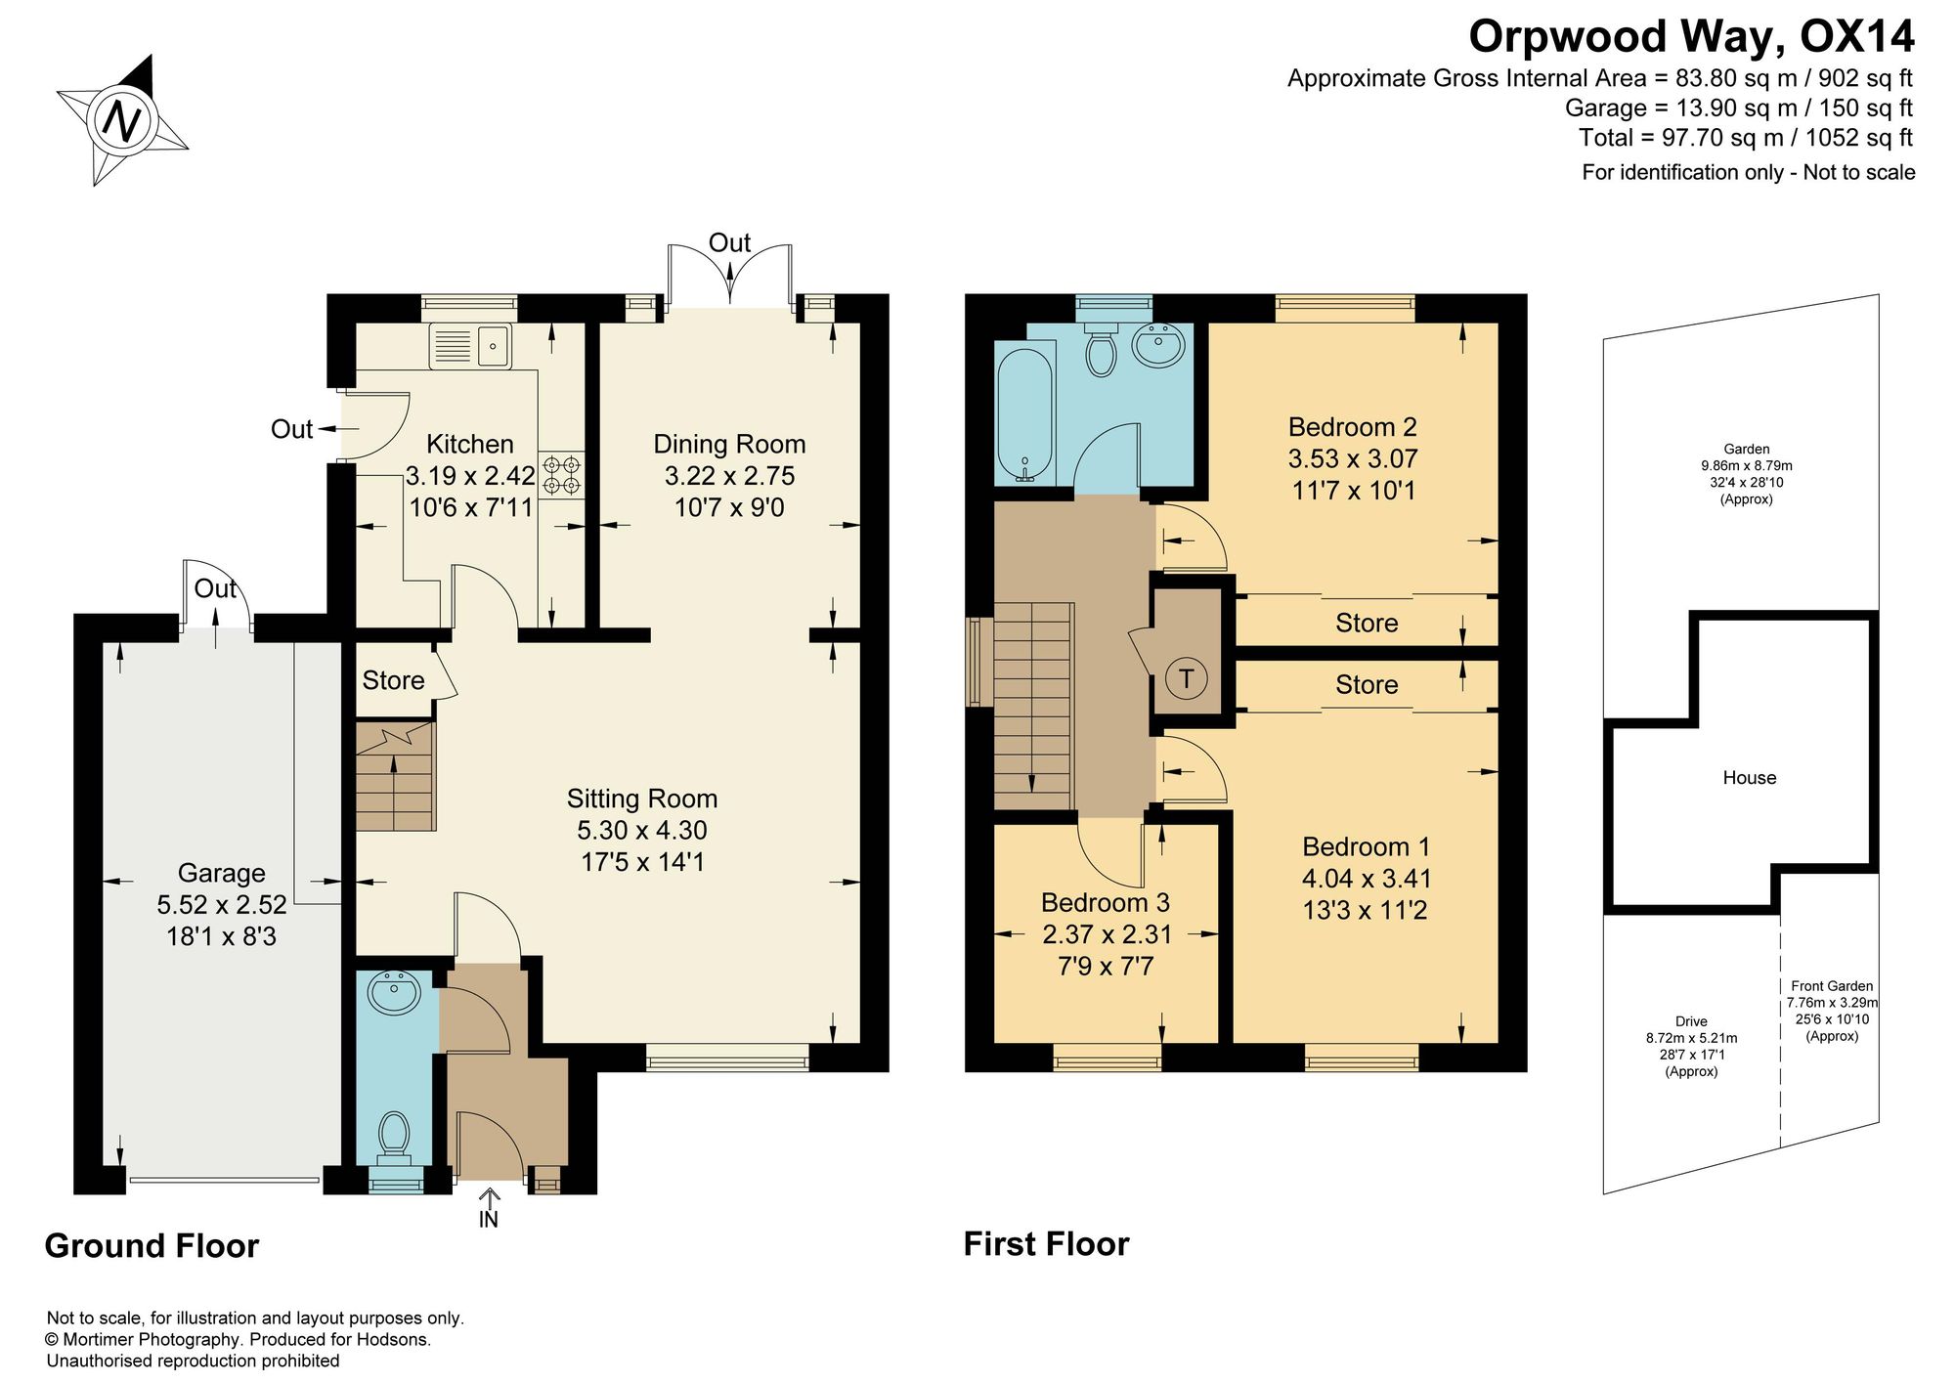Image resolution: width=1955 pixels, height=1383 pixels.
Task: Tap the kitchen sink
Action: tap(470, 346)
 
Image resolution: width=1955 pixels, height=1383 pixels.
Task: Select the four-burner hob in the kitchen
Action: tap(561, 474)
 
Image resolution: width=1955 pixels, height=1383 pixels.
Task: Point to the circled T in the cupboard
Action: tap(1187, 677)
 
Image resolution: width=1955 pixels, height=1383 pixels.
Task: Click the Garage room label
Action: tap(221, 873)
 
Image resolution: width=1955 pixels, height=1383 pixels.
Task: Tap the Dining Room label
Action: tap(729, 444)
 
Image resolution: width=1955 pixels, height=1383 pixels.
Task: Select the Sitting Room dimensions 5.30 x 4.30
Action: tap(642, 830)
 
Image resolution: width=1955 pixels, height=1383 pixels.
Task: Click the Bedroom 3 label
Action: tap(1106, 902)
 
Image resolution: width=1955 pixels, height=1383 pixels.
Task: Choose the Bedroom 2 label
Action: tap(1353, 427)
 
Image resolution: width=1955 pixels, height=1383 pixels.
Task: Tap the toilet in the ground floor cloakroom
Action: tap(395, 1137)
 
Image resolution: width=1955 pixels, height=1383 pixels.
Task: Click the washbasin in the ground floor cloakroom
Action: tap(394, 993)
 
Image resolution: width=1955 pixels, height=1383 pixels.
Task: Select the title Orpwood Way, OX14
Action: tap(1691, 36)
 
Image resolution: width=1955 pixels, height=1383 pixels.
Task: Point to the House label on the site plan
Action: tap(1749, 778)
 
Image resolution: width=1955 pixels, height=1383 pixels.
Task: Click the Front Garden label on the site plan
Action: tap(1832, 986)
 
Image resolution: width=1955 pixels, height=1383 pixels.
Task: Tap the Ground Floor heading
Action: tap(152, 1246)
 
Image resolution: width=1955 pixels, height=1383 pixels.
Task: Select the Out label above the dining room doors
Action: tap(729, 242)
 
